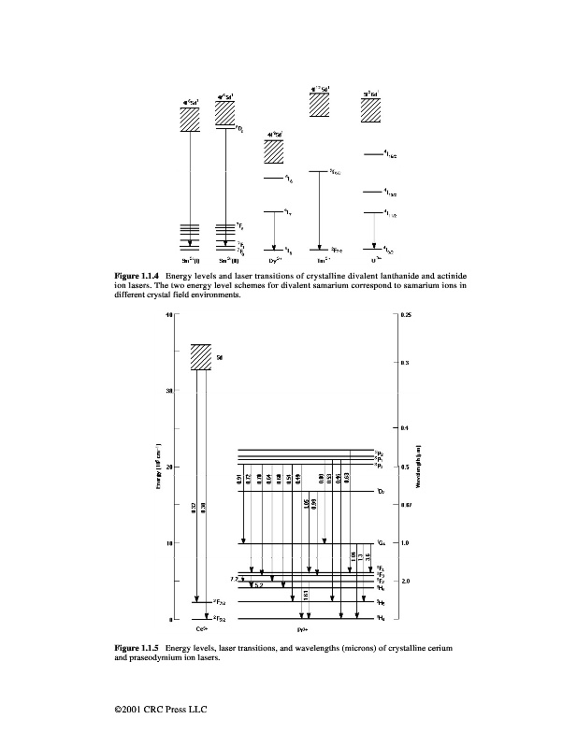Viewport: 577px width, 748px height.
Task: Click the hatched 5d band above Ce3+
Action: click(200, 357)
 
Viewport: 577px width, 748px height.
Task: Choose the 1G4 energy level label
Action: click(381, 543)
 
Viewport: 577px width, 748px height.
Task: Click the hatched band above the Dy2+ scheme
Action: click(275, 152)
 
